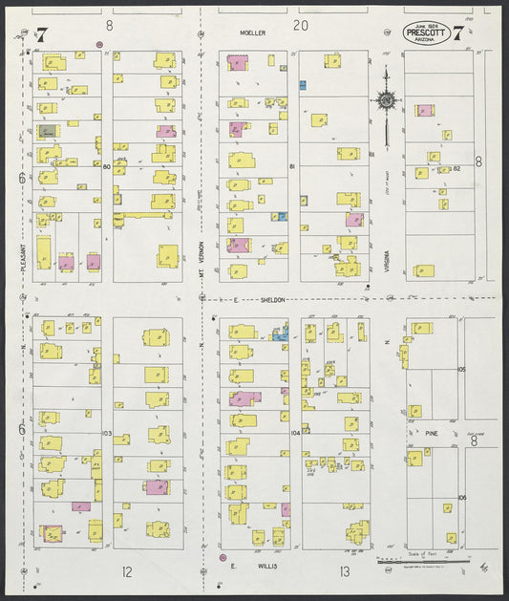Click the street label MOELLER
(x=253, y=32)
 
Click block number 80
(x=107, y=167)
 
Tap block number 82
(x=456, y=168)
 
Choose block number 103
(x=107, y=434)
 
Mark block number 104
(x=295, y=433)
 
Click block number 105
(x=461, y=369)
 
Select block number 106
(x=461, y=498)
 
